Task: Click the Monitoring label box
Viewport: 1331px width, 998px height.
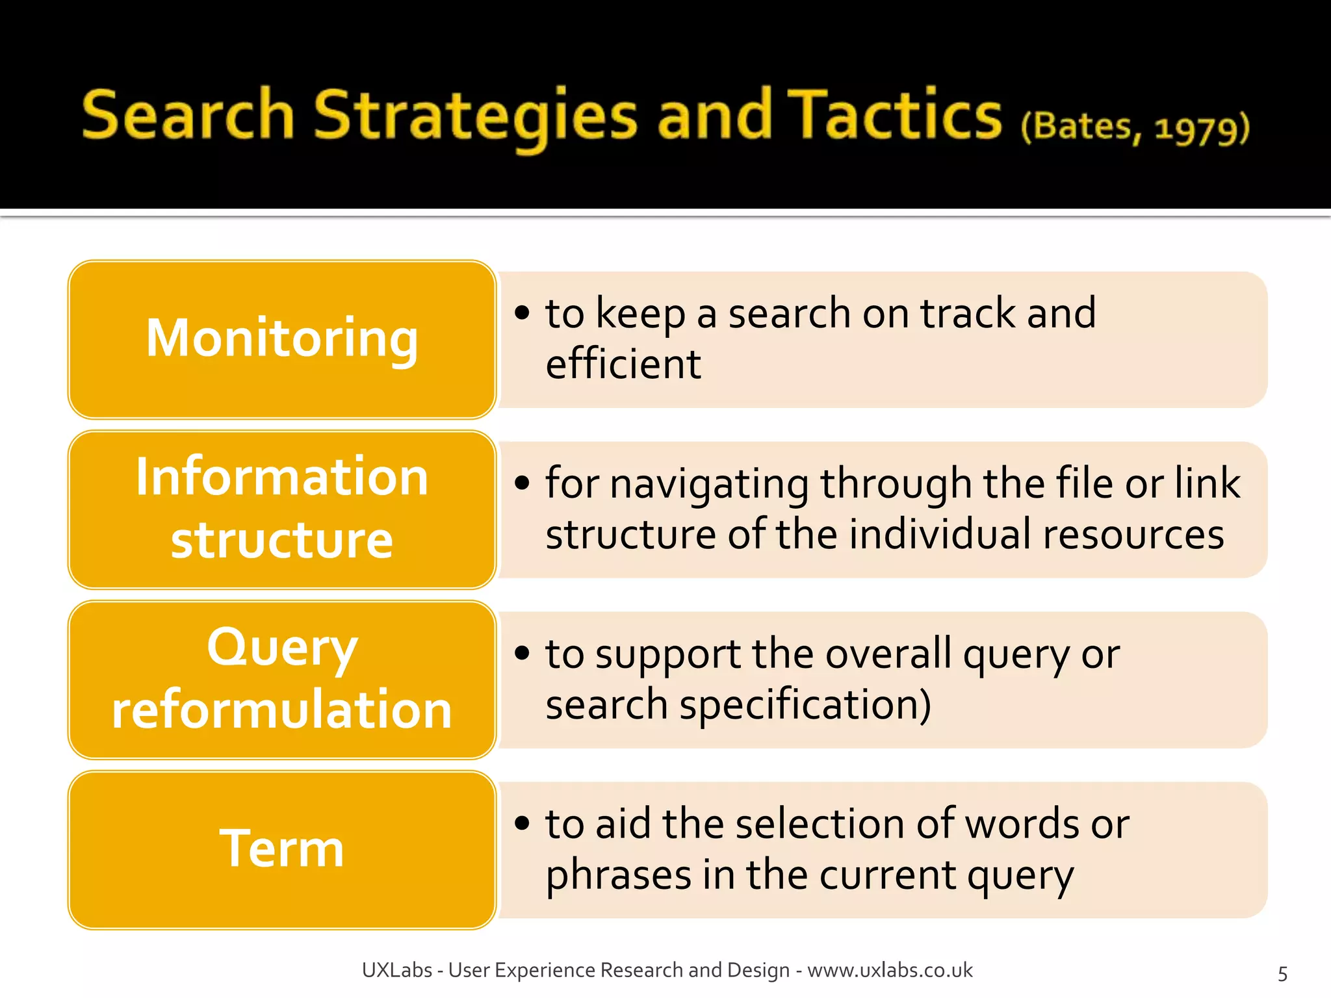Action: click(281, 339)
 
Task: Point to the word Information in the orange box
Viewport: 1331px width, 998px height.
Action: click(281, 478)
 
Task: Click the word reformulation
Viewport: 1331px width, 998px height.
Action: click(281, 710)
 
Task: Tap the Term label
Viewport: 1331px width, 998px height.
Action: click(281, 849)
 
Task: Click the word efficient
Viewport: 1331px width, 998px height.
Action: click(623, 365)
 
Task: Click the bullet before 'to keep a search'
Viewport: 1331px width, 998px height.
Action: click(522, 313)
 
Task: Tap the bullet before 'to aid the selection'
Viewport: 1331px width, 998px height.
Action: click(522, 823)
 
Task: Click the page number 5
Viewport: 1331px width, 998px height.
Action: click(1282, 973)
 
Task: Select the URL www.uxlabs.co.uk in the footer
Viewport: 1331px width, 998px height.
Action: click(890, 970)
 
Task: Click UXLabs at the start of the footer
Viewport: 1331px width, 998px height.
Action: click(396, 970)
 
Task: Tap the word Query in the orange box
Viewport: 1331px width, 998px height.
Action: click(281, 648)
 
